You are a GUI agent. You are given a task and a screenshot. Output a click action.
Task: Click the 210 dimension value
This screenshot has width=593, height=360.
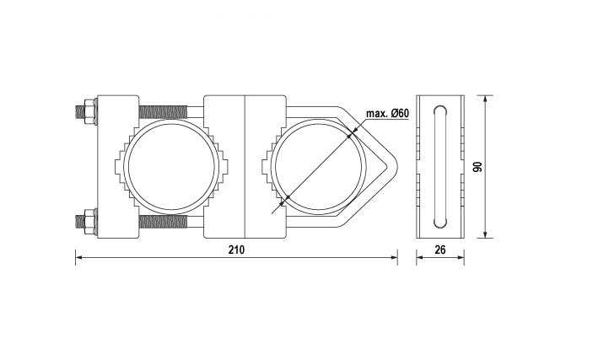coord(236,250)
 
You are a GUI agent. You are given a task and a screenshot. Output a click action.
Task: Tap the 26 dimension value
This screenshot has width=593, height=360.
coord(440,250)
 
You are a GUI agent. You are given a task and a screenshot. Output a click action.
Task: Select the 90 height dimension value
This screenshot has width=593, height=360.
coord(478,167)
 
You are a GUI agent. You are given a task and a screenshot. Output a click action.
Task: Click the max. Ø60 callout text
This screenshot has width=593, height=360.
coord(388,113)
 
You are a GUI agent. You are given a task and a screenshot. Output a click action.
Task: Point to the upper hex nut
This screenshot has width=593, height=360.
coord(89,111)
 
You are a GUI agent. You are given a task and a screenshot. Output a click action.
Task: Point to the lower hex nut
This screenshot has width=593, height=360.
coord(89,221)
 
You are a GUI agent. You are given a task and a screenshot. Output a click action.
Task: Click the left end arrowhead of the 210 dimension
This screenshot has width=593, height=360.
coord(78,257)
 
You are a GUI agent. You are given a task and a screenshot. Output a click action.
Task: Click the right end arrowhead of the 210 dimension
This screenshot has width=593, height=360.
coord(394,257)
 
